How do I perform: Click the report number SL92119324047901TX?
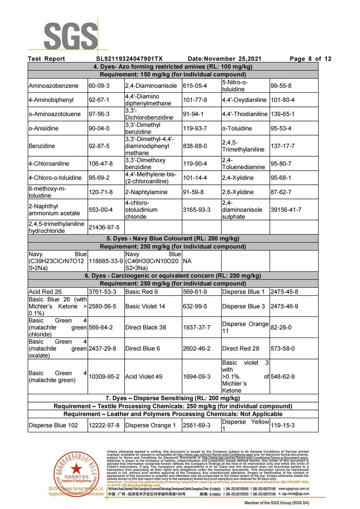129,59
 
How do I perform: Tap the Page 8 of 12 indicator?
310,59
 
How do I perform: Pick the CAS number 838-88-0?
195,146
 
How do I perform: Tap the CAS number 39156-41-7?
286,210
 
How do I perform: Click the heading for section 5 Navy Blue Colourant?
173,238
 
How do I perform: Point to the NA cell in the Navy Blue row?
187,261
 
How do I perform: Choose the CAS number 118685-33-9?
106,261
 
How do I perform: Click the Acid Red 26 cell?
45,292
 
